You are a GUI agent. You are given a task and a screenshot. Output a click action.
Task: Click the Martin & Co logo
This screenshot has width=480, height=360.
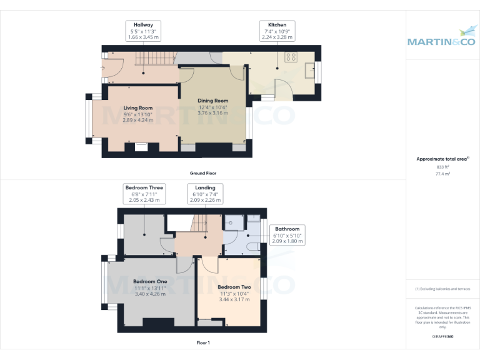[x=442, y=37]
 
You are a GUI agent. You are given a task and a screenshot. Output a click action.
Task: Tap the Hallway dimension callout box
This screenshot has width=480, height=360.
[x=143, y=31]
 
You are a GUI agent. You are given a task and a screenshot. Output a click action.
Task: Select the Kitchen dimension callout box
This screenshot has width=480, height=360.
[x=276, y=31]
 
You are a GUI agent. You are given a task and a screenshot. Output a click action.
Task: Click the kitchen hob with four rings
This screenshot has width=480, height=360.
[x=291, y=57]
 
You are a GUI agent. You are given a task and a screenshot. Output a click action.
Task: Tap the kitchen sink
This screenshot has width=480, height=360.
[x=311, y=67]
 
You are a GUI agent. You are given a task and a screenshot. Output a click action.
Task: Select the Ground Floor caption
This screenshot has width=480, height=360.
[x=203, y=173]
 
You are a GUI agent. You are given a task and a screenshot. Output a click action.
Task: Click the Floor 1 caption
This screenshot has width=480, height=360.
[x=203, y=342]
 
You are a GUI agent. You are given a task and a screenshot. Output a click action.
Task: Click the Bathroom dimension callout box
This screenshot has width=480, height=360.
[x=287, y=235]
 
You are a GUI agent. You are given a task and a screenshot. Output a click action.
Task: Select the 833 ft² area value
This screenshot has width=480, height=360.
[x=442, y=167]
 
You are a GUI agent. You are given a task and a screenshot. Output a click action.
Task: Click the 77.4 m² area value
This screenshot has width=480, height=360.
[x=442, y=174]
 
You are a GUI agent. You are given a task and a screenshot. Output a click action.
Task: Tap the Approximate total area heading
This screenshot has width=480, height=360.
[x=442, y=159]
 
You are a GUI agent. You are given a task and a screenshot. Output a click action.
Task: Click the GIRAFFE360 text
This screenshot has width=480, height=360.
[x=442, y=337]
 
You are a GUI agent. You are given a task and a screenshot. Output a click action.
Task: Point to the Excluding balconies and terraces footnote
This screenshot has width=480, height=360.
[x=442, y=289]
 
